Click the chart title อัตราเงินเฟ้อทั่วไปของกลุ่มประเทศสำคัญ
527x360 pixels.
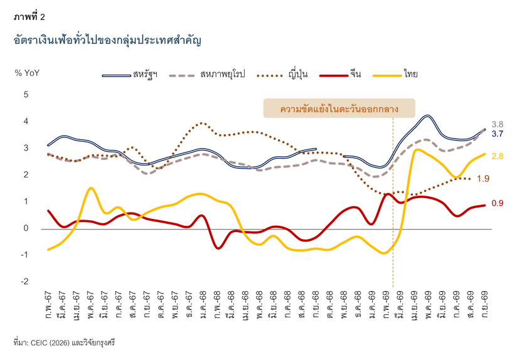107,41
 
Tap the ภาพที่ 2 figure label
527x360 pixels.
29,17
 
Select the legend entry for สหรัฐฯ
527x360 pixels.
130,75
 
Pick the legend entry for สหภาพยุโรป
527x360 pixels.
207,74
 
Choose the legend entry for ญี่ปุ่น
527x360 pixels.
282,75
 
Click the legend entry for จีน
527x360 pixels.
341,74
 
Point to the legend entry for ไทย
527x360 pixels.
395,74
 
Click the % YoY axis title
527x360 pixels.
27,73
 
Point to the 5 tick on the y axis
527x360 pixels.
26,95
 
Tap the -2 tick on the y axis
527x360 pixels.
25,282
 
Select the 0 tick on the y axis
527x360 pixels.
26,228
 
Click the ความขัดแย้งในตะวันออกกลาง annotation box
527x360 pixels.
339,109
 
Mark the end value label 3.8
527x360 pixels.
498,124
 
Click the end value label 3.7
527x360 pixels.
498,134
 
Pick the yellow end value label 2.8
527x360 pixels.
498,156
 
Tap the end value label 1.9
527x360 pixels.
483,179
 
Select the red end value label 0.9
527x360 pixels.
498,203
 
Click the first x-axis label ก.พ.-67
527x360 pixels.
48,305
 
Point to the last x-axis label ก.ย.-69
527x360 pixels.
484,305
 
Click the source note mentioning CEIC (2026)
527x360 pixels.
64,343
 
